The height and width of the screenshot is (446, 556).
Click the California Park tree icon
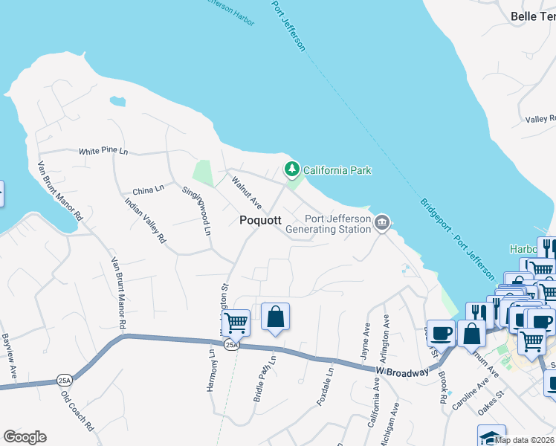click(x=292, y=170)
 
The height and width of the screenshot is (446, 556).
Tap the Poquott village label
click(x=259, y=221)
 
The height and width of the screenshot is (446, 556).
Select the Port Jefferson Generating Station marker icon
click(x=381, y=222)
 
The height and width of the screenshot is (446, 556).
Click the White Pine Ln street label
click(x=104, y=151)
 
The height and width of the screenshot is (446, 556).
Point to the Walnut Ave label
click(x=246, y=193)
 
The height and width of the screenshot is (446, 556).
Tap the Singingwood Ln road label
click(x=197, y=210)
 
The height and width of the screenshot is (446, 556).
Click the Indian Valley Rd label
click(x=145, y=221)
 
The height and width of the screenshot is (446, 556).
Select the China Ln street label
click(x=148, y=189)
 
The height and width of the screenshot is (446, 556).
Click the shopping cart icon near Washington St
click(x=236, y=323)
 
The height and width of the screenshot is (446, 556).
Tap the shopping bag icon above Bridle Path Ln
click(x=275, y=317)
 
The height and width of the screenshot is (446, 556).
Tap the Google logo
click(x=25, y=437)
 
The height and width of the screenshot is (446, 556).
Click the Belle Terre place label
click(x=533, y=16)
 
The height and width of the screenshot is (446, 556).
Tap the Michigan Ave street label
click(x=391, y=425)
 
